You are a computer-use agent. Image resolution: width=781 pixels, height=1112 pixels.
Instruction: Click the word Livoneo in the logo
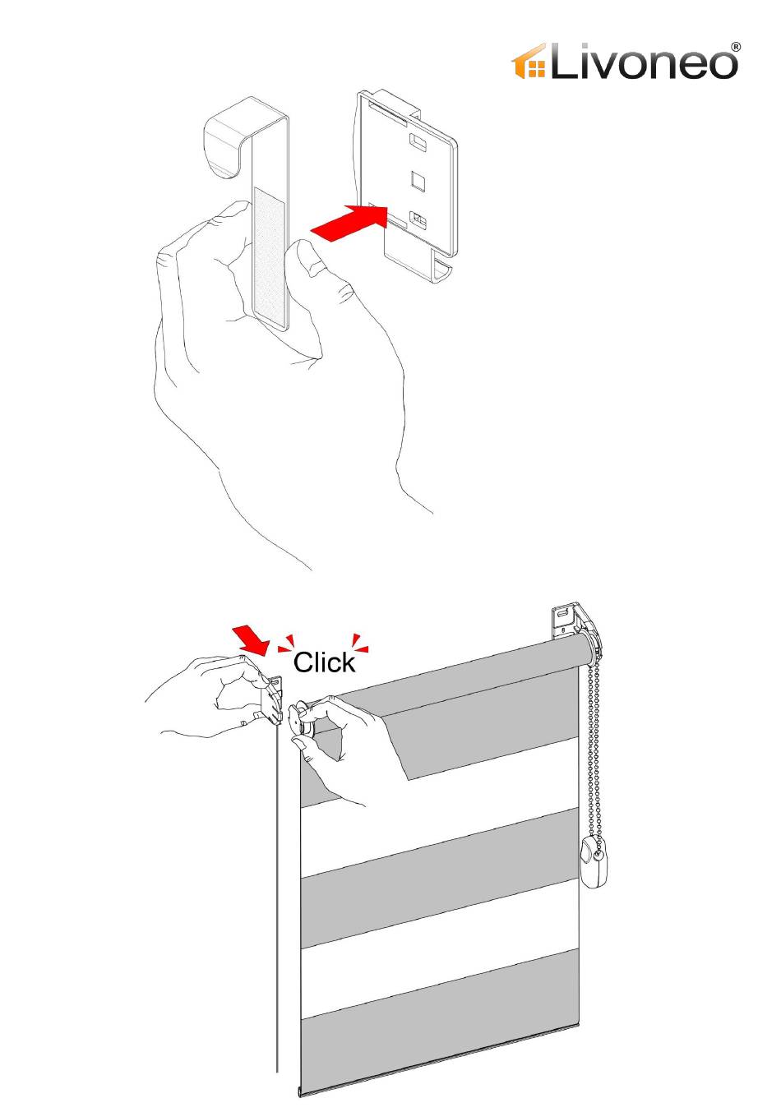click(644, 62)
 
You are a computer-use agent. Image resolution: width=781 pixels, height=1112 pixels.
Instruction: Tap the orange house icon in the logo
click(529, 62)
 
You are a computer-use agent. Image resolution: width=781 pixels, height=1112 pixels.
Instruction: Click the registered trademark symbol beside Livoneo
click(736, 47)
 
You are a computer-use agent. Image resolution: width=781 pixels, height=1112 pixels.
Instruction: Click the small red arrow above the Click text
click(252, 641)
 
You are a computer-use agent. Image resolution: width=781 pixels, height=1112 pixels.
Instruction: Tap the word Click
click(324, 662)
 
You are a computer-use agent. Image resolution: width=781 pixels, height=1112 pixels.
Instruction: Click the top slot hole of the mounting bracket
click(418, 142)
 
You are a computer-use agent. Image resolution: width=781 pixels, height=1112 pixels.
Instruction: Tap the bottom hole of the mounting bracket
click(418, 219)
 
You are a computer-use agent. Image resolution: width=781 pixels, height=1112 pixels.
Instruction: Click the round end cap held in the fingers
click(299, 720)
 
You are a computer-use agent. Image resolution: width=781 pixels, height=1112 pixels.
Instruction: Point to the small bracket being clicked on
click(272, 699)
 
